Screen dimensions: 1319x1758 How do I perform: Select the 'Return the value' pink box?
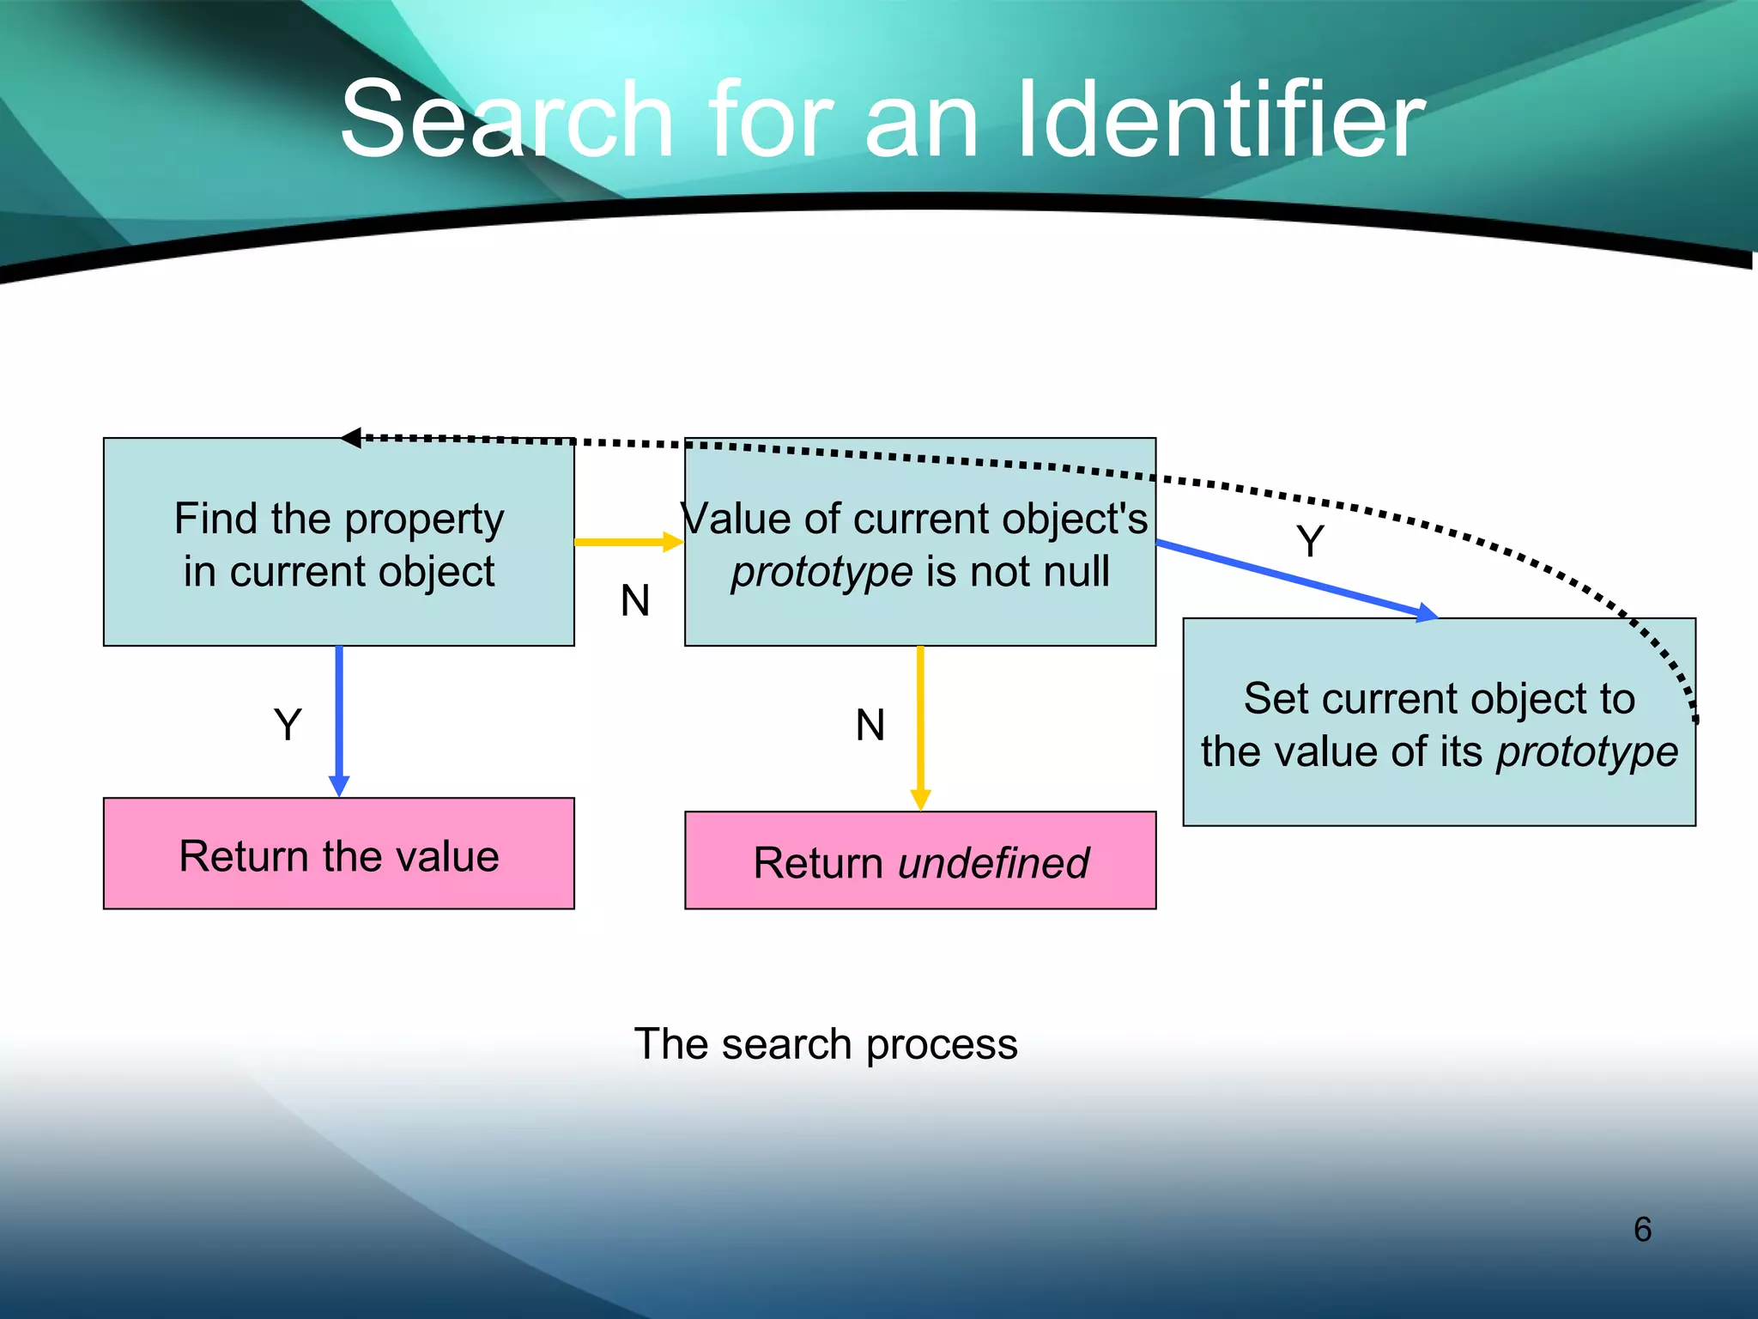coord(338,854)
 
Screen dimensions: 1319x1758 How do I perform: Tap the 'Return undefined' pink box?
coord(920,861)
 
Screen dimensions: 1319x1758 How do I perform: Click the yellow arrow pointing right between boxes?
coord(627,542)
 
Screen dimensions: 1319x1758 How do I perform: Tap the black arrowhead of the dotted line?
coord(351,438)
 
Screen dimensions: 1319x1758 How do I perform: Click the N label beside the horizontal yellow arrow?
coord(635,600)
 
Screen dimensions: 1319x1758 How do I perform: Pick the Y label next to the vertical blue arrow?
coord(288,725)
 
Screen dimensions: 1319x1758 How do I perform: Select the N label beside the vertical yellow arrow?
coord(870,725)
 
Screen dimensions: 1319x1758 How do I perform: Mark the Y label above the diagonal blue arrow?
coord(1310,542)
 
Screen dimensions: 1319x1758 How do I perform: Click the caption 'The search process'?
coord(826,1044)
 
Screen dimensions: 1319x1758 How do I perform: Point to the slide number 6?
coord(1642,1229)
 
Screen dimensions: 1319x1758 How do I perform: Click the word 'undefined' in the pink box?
coord(993,863)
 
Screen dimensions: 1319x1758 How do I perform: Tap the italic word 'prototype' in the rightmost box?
coord(1586,752)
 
